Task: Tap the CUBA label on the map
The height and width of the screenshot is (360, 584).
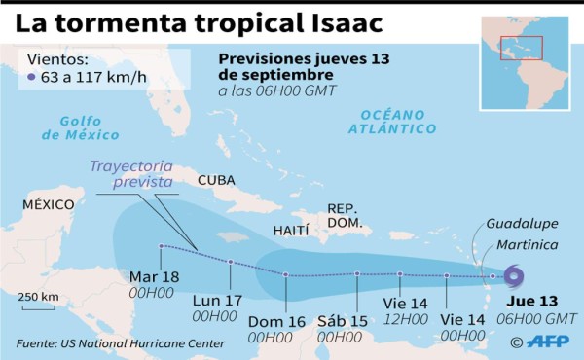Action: pos(217,180)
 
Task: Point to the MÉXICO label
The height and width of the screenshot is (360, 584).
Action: pos(49,203)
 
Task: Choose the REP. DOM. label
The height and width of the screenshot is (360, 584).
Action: pos(344,215)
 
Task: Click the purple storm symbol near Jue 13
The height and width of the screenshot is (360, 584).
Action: pos(513,277)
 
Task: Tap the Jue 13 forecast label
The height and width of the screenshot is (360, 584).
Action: pos(534,301)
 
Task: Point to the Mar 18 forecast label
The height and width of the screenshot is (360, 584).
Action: pos(155,277)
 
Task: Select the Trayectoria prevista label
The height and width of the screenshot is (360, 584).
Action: pos(130,173)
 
